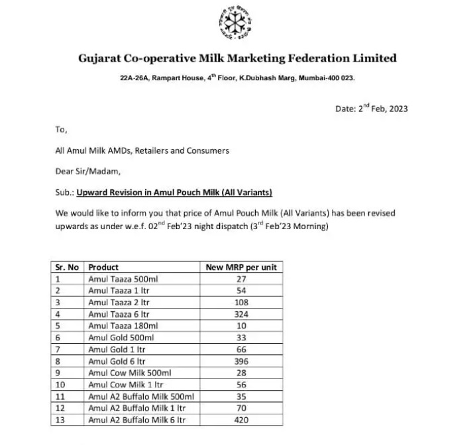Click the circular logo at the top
(237, 25)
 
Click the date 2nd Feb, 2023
(371, 109)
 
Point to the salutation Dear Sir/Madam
(88, 172)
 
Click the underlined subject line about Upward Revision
(174, 193)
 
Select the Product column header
(103, 268)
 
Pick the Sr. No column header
(68, 268)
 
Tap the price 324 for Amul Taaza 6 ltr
(241, 315)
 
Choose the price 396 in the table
(241, 362)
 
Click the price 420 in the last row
(241, 420)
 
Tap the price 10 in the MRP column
(241, 326)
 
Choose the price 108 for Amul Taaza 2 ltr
(241, 303)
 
